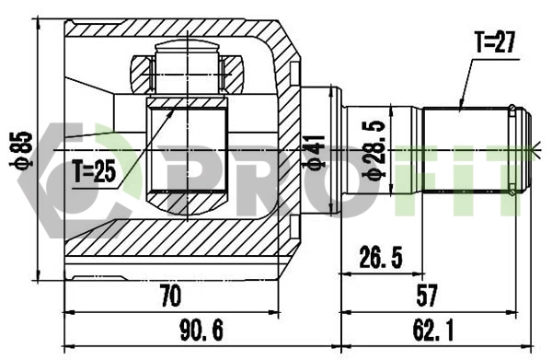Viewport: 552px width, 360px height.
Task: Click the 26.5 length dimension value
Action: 380,259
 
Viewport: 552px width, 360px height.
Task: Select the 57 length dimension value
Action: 426,296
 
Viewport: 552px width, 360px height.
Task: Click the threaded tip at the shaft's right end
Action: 521,147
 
